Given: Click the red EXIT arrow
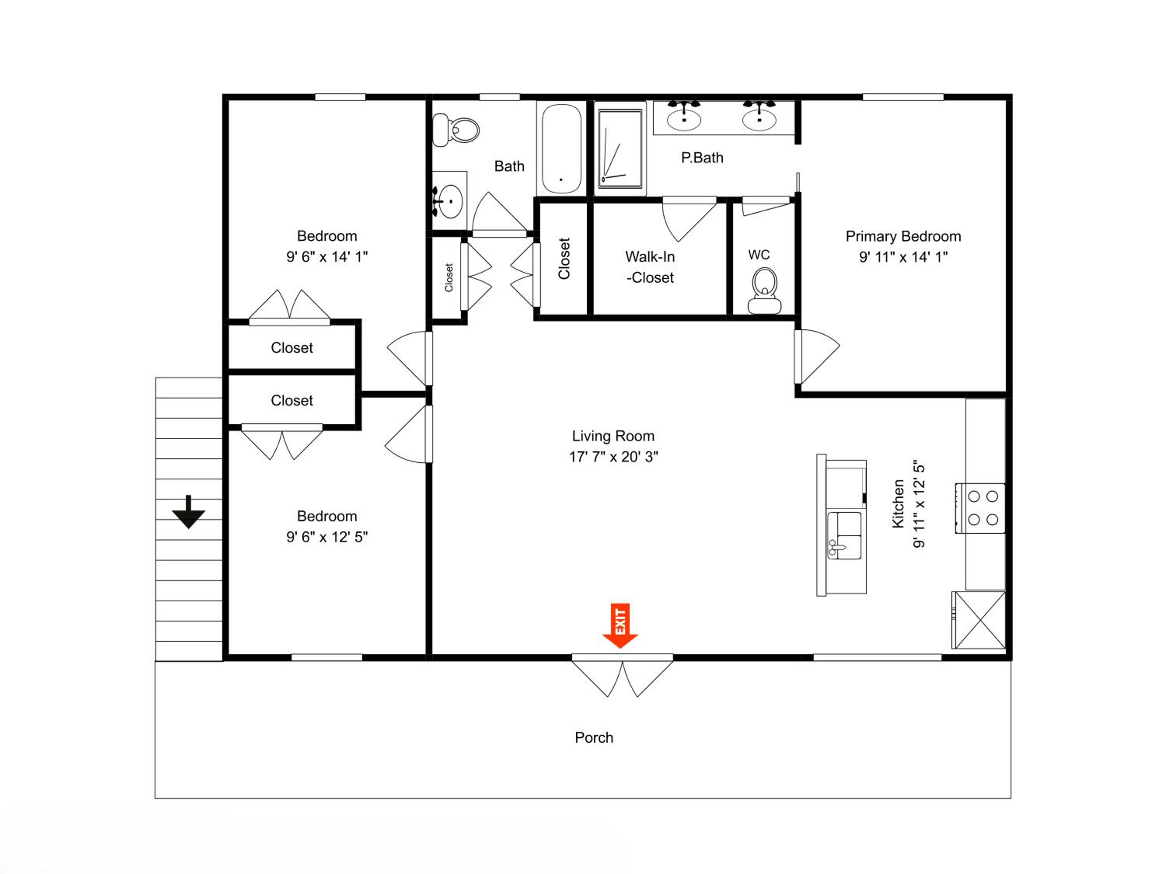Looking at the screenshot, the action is [x=620, y=625].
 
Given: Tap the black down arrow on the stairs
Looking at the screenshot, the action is [x=188, y=512].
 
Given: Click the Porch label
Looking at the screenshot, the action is [x=594, y=738].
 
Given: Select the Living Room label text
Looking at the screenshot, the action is [x=613, y=436].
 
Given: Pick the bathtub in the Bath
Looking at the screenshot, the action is [x=561, y=148].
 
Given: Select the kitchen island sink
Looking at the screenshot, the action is [x=845, y=535].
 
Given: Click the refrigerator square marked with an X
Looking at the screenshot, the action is [x=979, y=620].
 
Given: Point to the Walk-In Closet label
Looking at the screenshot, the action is [x=650, y=267].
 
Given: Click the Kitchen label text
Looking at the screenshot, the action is [x=898, y=504].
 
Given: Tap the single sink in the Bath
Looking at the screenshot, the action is [x=450, y=201].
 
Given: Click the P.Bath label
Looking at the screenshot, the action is [x=702, y=158].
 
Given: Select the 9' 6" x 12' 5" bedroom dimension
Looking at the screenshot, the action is [x=327, y=537].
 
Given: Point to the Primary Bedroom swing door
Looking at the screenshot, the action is [x=816, y=357].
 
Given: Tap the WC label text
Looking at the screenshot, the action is [x=759, y=255].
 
